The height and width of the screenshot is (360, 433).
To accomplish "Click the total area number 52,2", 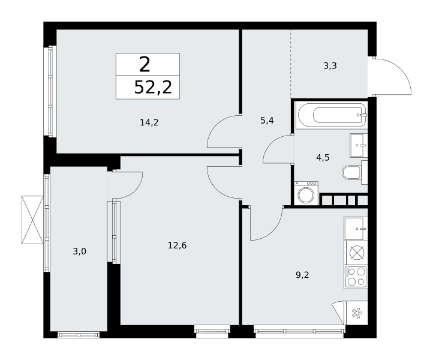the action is coord(153,87).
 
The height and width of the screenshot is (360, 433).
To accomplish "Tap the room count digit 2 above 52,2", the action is coord(145,64).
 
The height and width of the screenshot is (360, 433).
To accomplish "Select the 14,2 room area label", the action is coord(149,122).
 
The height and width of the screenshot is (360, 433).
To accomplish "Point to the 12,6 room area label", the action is coord(178,245).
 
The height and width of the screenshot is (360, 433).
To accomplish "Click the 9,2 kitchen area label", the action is coord(302,275).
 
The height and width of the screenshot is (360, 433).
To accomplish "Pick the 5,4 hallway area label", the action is coord(267,121).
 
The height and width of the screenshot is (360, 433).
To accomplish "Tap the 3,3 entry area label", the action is coord(330,66).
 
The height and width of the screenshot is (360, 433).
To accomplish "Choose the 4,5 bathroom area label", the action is coord(323,157).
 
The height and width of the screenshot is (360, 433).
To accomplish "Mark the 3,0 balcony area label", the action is coord(80,251).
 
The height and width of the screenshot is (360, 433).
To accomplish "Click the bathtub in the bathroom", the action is coord(331,115).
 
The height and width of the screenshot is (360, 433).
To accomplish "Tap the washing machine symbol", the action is coord(306,193).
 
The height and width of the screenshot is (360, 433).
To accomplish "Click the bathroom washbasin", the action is coord(359,145).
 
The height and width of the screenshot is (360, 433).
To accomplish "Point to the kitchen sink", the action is coord(356,229).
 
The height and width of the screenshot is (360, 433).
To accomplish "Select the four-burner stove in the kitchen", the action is coord(356,277).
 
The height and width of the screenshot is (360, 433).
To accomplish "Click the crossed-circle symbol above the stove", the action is coord(357,253).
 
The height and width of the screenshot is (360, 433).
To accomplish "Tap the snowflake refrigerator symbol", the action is coord(357,313).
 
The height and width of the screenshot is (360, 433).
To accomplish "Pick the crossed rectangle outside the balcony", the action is coord(32,220).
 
